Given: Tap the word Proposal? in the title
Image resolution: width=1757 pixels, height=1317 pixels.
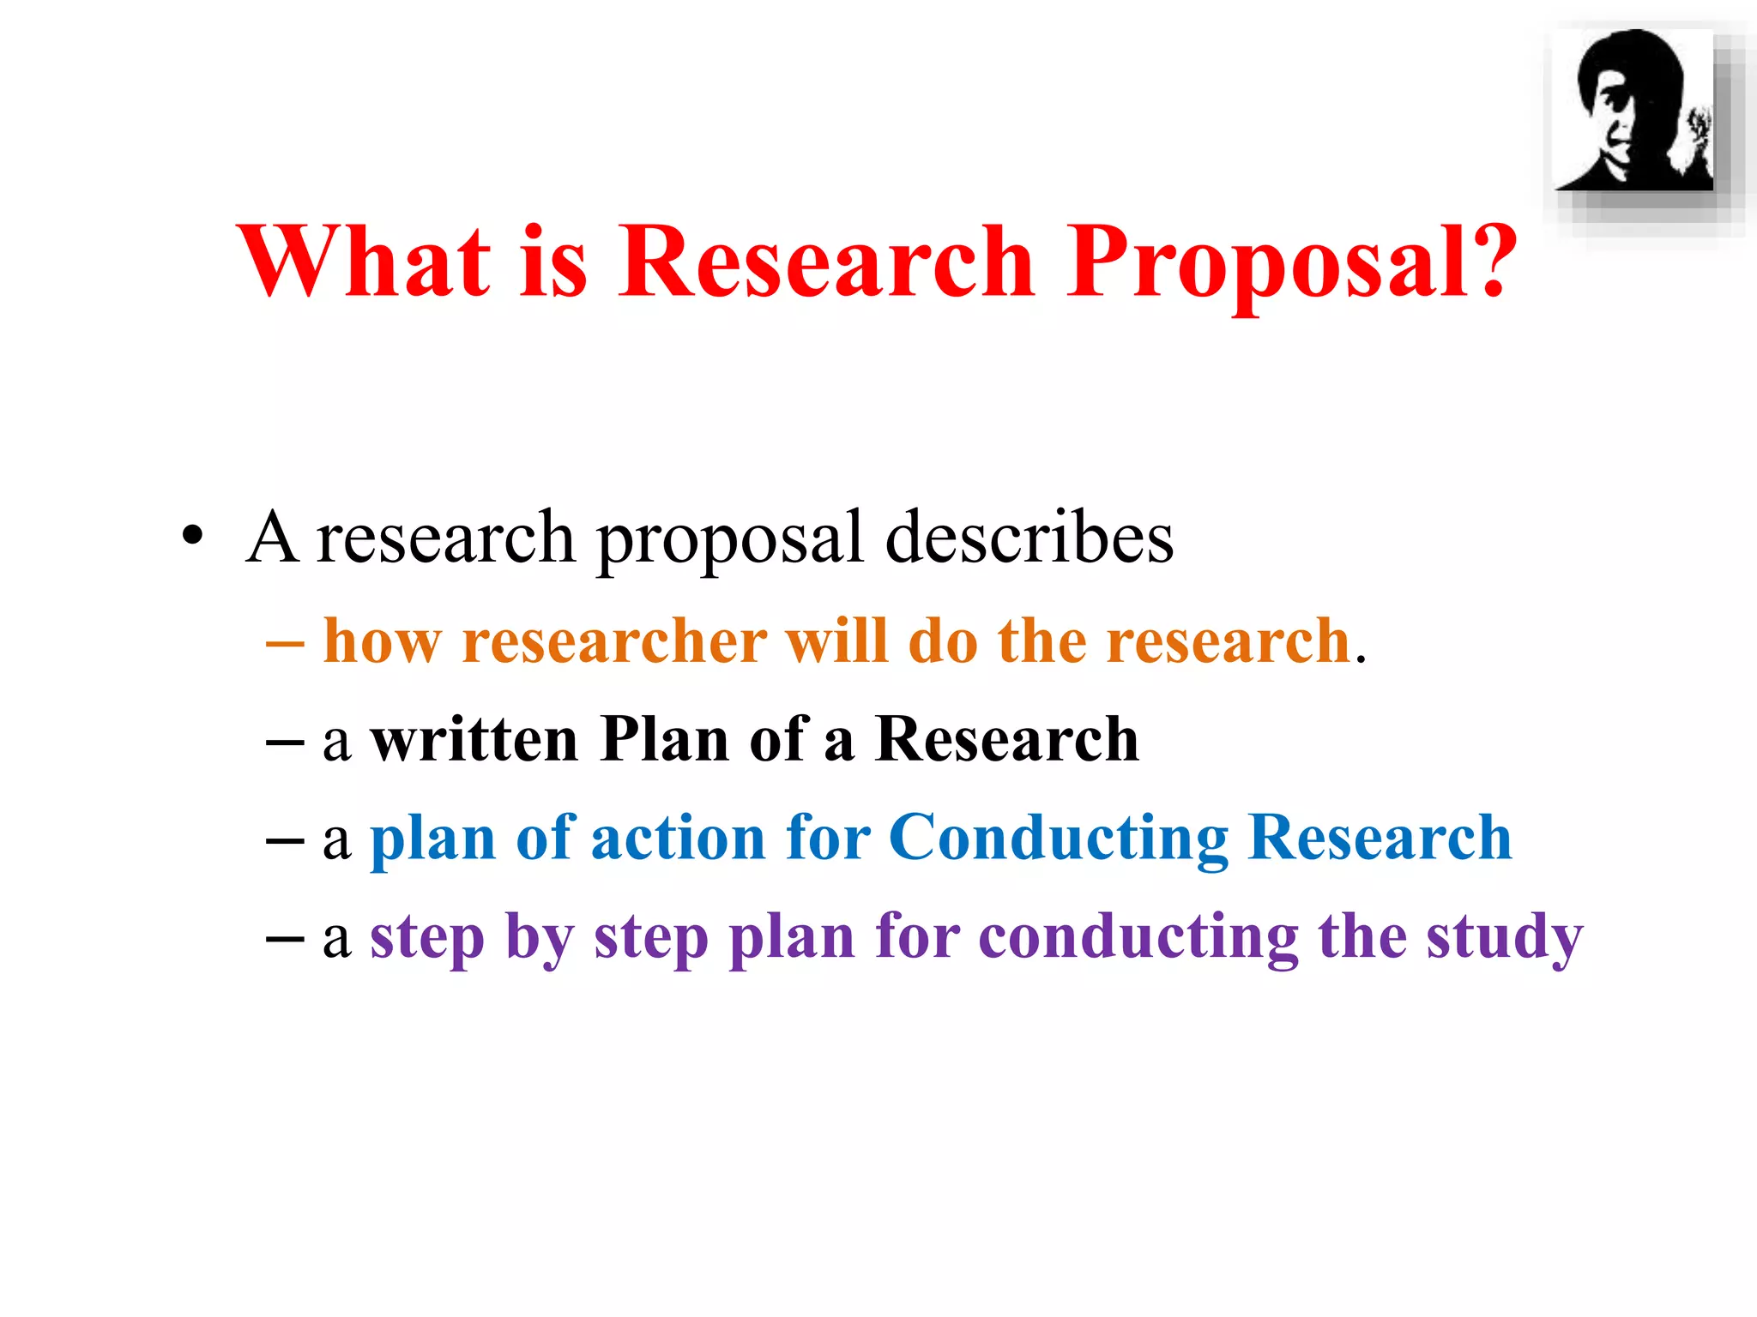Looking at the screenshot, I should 1292,262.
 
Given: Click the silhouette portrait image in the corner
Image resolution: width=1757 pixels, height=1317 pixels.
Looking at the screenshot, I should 1635,111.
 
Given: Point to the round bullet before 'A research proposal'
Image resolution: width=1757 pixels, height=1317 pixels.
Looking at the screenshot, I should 193,535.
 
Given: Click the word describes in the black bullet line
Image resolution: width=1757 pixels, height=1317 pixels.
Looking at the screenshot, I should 1029,538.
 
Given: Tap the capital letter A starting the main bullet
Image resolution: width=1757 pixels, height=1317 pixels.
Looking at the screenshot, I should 272,538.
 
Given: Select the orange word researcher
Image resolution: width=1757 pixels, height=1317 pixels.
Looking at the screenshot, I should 614,641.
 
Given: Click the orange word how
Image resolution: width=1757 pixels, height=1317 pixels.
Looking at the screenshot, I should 383,641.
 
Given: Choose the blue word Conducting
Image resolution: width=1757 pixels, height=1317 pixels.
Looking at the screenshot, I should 1059,839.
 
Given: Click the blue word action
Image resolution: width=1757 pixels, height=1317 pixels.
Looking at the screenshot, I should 678,839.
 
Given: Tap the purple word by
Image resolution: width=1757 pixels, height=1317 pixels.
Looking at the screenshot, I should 540,938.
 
